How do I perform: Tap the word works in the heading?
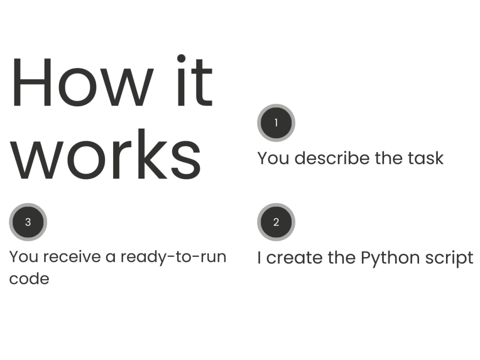[x=106, y=154]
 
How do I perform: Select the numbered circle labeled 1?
[x=276, y=123]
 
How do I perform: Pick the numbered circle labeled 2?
[x=276, y=222]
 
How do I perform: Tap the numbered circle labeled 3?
[x=28, y=222]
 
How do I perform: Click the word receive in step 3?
[x=72, y=256]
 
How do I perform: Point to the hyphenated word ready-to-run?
[x=173, y=257]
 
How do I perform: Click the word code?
[x=29, y=278]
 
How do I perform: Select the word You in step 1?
[x=273, y=158]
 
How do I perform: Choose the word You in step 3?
[x=25, y=257]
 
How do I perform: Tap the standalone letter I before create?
[x=259, y=258]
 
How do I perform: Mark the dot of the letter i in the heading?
[x=181, y=58]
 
